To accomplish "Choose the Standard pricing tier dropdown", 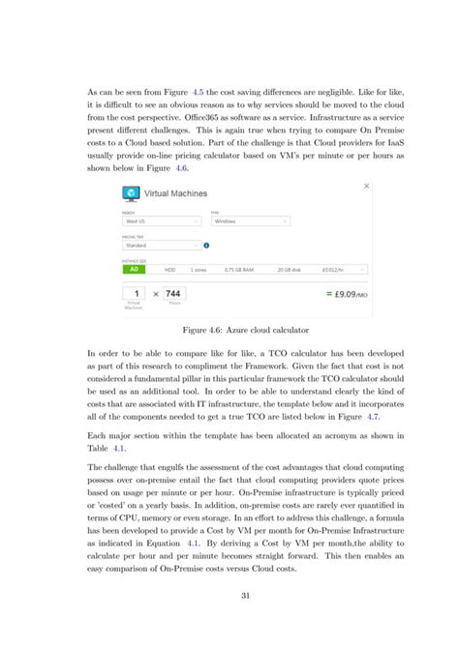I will tap(161, 245).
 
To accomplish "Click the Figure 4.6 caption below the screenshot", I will tap(229, 329).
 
